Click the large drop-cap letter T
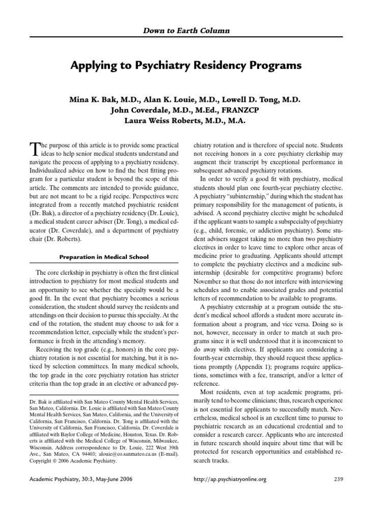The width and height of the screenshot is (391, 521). pos(35,149)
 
